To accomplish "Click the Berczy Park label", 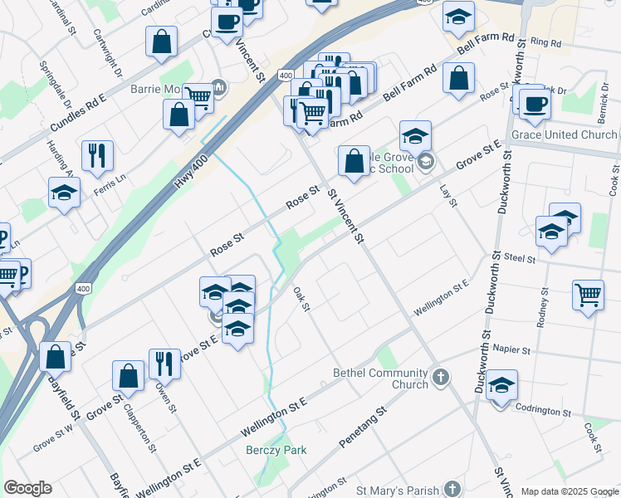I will click(x=276, y=450).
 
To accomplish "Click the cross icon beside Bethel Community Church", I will click(x=440, y=378).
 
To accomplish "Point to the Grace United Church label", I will click(x=565, y=134).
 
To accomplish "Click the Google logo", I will click(x=27, y=488).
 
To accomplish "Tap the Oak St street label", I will click(x=301, y=300).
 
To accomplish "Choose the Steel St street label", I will click(x=520, y=259).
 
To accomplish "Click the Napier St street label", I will click(x=511, y=349).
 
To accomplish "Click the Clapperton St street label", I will click(x=139, y=427).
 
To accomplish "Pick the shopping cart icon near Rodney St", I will click(x=588, y=294).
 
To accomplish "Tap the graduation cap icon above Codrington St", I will click(x=501, y=384).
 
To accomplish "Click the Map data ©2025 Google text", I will click(x=569, y=491).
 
